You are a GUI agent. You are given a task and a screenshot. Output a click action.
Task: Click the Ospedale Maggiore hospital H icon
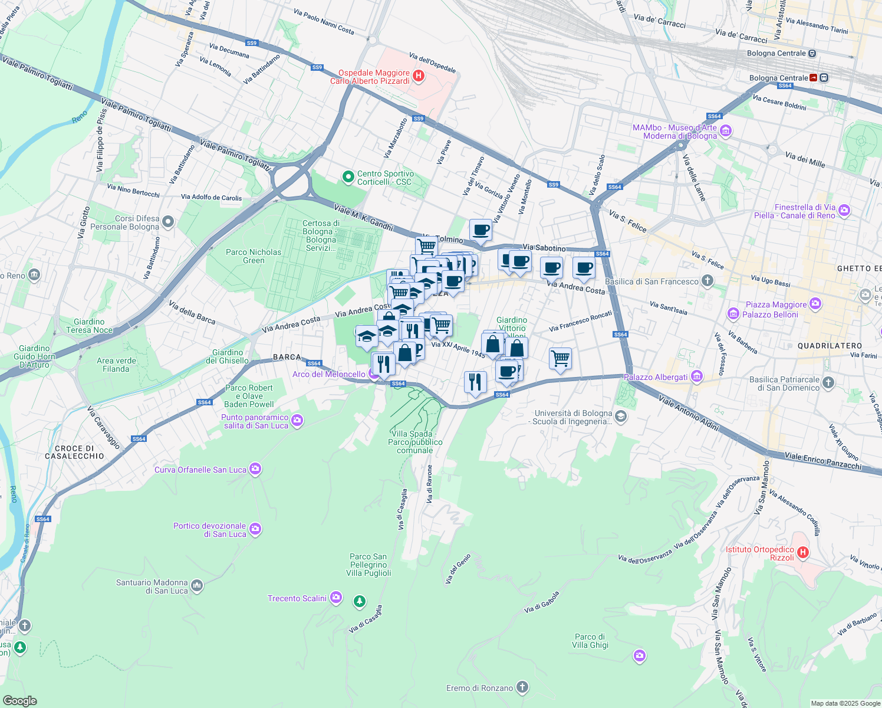click(419, 76)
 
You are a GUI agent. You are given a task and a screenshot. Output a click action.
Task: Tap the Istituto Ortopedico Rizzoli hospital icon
click(802, 553)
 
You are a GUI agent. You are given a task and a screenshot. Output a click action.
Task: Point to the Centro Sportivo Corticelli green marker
click(348, 176)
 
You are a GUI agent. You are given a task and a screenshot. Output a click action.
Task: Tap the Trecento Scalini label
click(297, 598)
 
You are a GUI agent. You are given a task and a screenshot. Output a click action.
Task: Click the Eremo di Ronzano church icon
click(522, 687)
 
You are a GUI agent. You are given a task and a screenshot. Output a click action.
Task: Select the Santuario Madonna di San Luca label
click(152, 586)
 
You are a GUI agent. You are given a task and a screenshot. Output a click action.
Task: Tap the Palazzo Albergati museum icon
click(697, 376)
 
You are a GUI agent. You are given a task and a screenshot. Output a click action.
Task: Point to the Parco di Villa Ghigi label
click(590, 641)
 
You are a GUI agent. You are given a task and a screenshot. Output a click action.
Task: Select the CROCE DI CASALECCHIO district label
click(74, 452)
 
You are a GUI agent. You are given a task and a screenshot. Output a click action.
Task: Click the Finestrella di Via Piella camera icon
click(844, 210)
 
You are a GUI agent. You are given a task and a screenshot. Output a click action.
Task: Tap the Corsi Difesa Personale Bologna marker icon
click(168, 222)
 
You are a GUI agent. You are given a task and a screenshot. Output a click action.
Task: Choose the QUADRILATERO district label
click(830, 346)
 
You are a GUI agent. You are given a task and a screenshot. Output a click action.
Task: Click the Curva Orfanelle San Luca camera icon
click(255, 469)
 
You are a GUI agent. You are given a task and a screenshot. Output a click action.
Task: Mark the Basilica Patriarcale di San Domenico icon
click(828, 383)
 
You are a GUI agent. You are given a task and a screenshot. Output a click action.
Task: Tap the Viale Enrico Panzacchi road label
click(822, 461)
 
